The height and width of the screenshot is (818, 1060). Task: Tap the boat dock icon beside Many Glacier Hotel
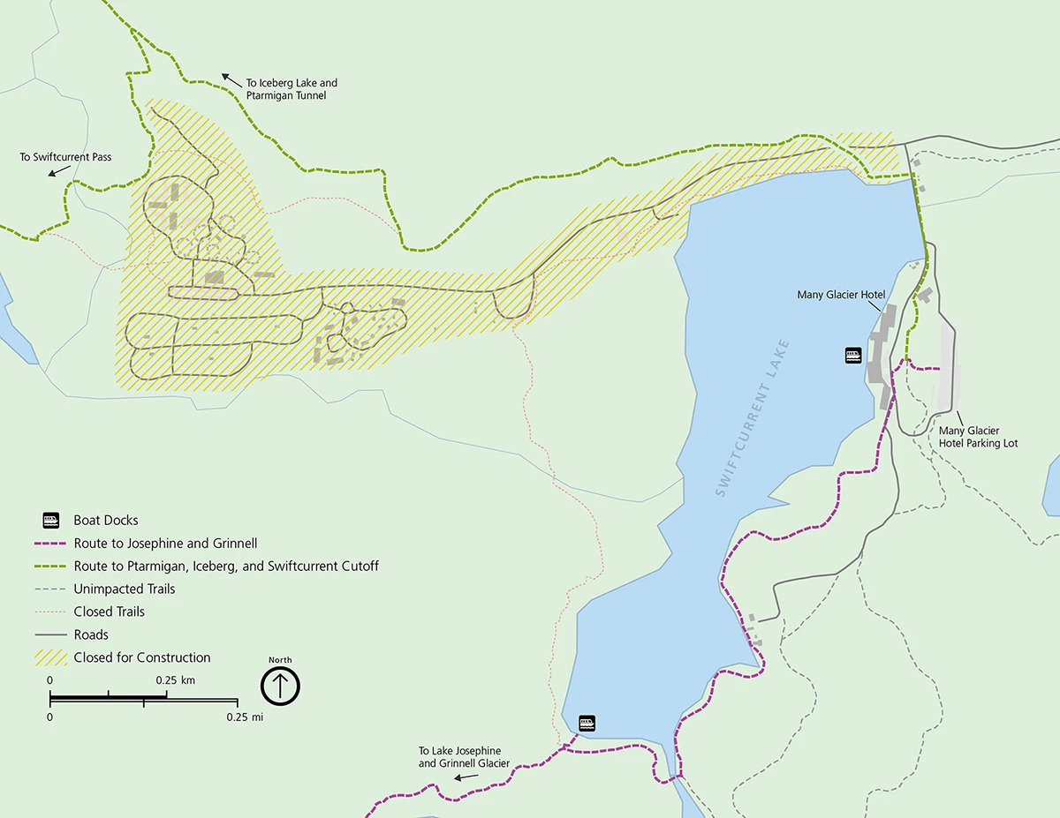tap(853, 356)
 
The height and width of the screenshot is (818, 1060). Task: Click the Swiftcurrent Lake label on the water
tap(753, 419)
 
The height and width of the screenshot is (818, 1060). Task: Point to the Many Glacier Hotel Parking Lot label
tap(978, 437)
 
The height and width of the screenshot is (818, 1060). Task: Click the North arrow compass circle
tap(281, 686)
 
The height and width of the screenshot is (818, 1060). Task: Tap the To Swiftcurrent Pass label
tap(65, 157)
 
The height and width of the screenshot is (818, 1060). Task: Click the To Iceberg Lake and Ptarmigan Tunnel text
tap(291, 89)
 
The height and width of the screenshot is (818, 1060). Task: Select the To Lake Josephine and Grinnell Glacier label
tap(464, 757)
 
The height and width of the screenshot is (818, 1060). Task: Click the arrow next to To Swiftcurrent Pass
tap(58, 172)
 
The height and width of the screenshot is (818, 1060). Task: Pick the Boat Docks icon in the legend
tap(52, 520)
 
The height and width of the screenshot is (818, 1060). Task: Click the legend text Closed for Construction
tap(142, 657)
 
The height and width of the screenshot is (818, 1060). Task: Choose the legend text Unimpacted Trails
tap(125, 589)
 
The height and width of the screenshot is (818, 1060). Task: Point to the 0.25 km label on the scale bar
tap(176, 680)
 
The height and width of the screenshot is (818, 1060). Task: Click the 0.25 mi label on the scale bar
tap(245, 717)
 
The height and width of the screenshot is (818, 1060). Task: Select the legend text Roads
tap(91, 634)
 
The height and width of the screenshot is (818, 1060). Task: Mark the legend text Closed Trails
tap(109, 612)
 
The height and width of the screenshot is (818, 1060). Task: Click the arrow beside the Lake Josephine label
tap(466, 777)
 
